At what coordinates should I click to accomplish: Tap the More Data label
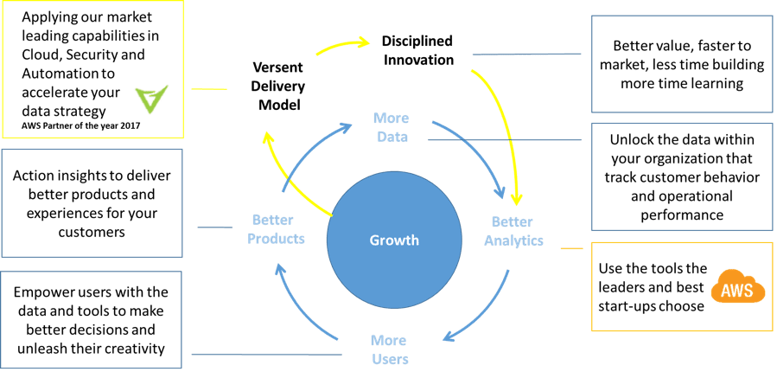[x=391, y=126]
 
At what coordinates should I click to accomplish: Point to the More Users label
[x=389, y=349]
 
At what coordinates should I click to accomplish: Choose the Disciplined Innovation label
[x=417, y=50]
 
